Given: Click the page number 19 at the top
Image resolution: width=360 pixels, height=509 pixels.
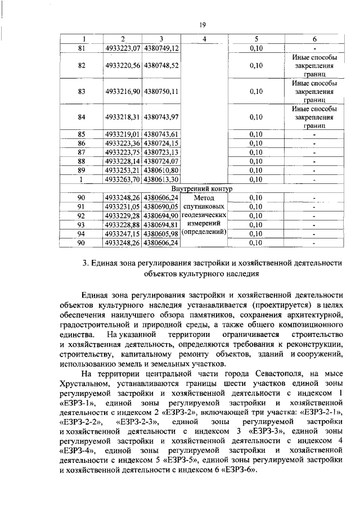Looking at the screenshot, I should point(202,25).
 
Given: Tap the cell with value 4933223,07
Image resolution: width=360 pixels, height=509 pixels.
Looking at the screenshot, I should point(122,48).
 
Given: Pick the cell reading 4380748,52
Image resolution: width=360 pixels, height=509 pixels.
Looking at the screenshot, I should point(161,65).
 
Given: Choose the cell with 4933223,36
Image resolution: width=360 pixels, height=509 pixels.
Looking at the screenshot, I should point(122,143).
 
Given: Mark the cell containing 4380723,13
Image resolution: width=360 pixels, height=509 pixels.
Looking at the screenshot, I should point(161,152).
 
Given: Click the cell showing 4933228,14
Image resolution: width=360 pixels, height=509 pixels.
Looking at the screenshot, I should point(122,161).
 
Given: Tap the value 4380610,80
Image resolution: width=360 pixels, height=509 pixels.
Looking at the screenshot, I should point(161,170).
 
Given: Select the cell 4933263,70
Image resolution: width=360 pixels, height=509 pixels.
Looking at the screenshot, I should point(122,179).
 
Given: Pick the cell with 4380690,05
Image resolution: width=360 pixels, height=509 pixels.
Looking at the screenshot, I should point(161,206).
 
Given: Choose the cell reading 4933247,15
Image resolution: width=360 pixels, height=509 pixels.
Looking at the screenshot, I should point(122,233).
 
